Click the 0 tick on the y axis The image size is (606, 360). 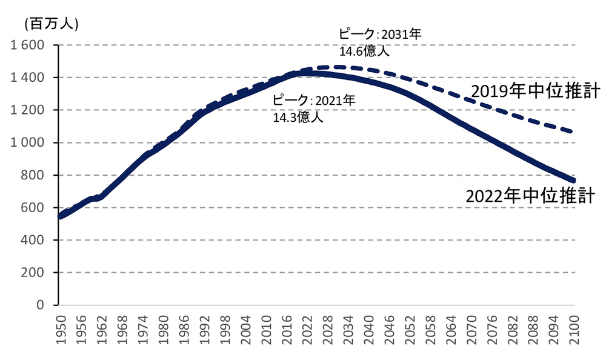(x=40, y=305)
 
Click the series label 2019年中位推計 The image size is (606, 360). (x=534, y=92)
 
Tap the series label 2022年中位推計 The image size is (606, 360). (x=529, y=196)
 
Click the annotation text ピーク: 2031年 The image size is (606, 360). (x=379, y=34)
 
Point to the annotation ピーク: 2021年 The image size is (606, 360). (x=313, y=100)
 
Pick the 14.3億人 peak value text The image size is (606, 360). (x=298, y=117)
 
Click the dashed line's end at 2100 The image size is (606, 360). (x=573, y=132)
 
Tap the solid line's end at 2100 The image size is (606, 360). (x=573, y=180)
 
